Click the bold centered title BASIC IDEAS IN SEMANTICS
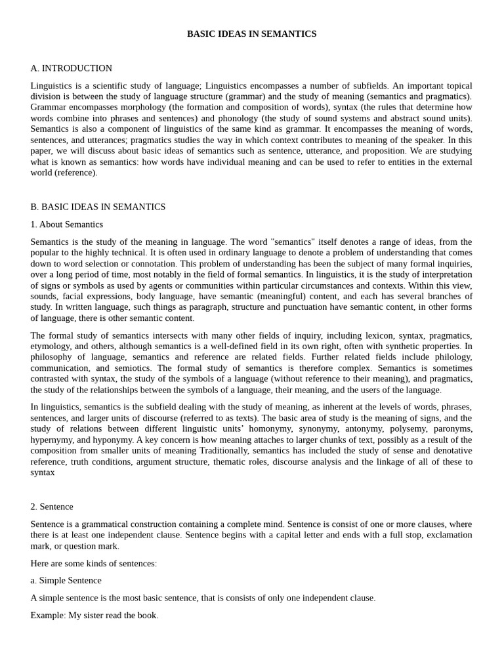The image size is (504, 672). pos(251,33)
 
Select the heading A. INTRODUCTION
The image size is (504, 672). pos(71,68)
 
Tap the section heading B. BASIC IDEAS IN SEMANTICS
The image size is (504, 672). pos(98,207)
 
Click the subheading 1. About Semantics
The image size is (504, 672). pos(66,224)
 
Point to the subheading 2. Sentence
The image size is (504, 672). pos(52,507)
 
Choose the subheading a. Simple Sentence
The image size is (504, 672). pos(66,580)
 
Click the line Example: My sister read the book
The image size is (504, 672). pos(94,616)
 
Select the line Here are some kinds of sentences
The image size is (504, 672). pos(93,563)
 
